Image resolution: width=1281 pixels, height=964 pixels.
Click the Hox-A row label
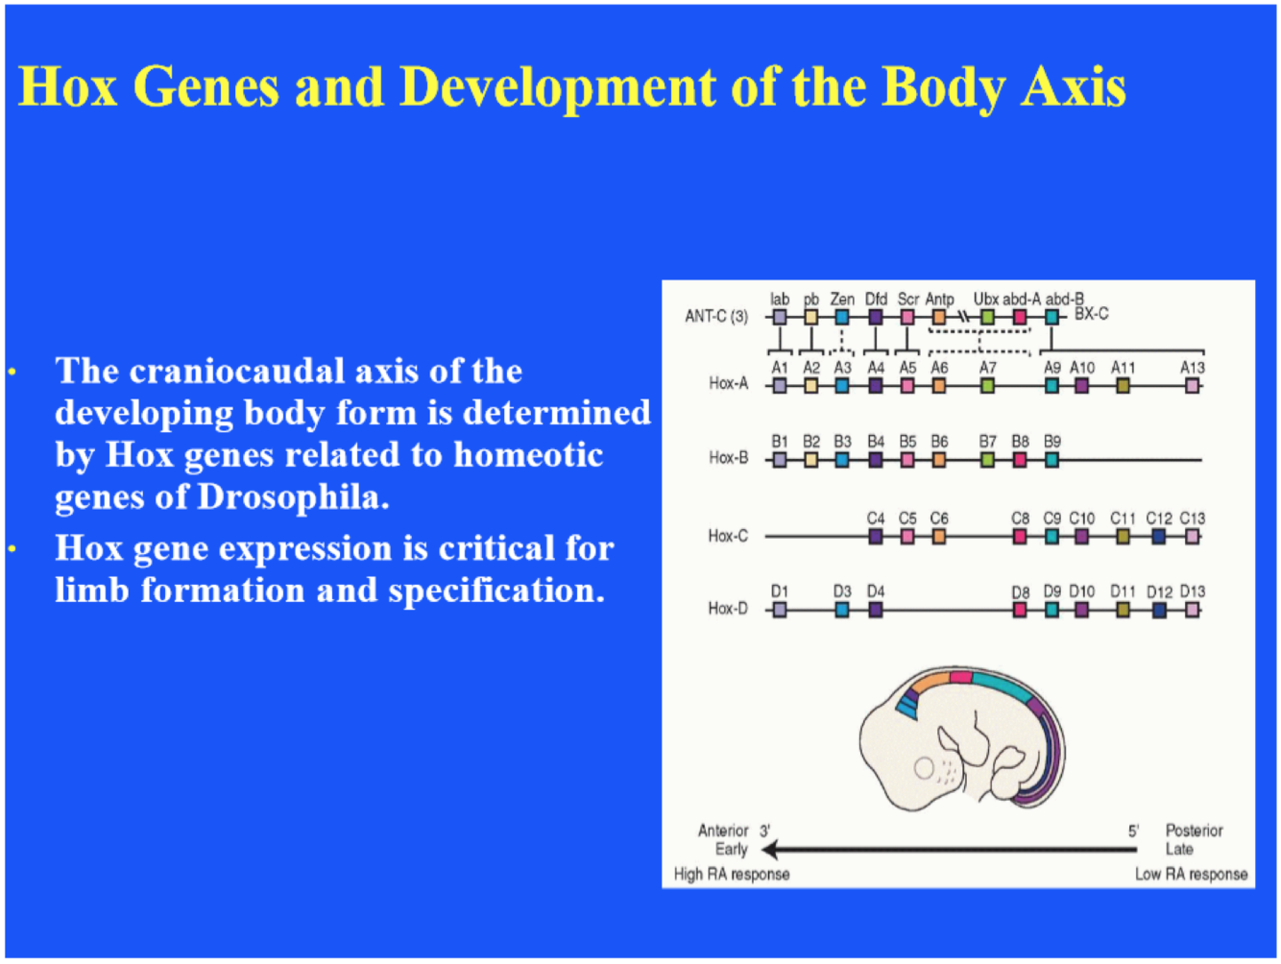pyautogui.click(x=728, y=384)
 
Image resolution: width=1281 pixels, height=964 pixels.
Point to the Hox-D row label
pyautogui.click(x=728, y=609)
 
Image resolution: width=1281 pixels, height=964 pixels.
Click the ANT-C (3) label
pyautogui.click(x=715, y=317)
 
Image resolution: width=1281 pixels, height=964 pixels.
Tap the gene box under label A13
pyautogui.click(x=1192, y=386)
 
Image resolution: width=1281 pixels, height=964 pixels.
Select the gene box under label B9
pyautogui.click(x=1051, y=460)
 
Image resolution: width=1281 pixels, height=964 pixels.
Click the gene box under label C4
pyautogui.click(x=876, y=536)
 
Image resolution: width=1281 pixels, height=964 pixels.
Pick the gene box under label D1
pyautogui.click(x=780, y=610)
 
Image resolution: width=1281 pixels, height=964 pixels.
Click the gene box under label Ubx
pyautogui.click(x=987, y=317)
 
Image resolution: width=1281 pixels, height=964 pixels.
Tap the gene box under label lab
pyautogui.click(x=780, y=317)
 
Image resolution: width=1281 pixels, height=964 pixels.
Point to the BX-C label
pyautogui.click(x=1092, y=314)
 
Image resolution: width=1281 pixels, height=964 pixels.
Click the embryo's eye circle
pyautogui.click(x=924, y=768)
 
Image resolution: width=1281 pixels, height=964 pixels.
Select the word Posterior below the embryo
pyautogui.click(x=1194, y=831)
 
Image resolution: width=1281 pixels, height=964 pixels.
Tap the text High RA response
pyautogui.click(x=732, y=875)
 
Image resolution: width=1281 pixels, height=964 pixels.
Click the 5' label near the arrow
pyautogui.click(x=1134, y=831)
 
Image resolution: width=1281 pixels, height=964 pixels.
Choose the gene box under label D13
pyautogui.click(x=1192, y=610)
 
